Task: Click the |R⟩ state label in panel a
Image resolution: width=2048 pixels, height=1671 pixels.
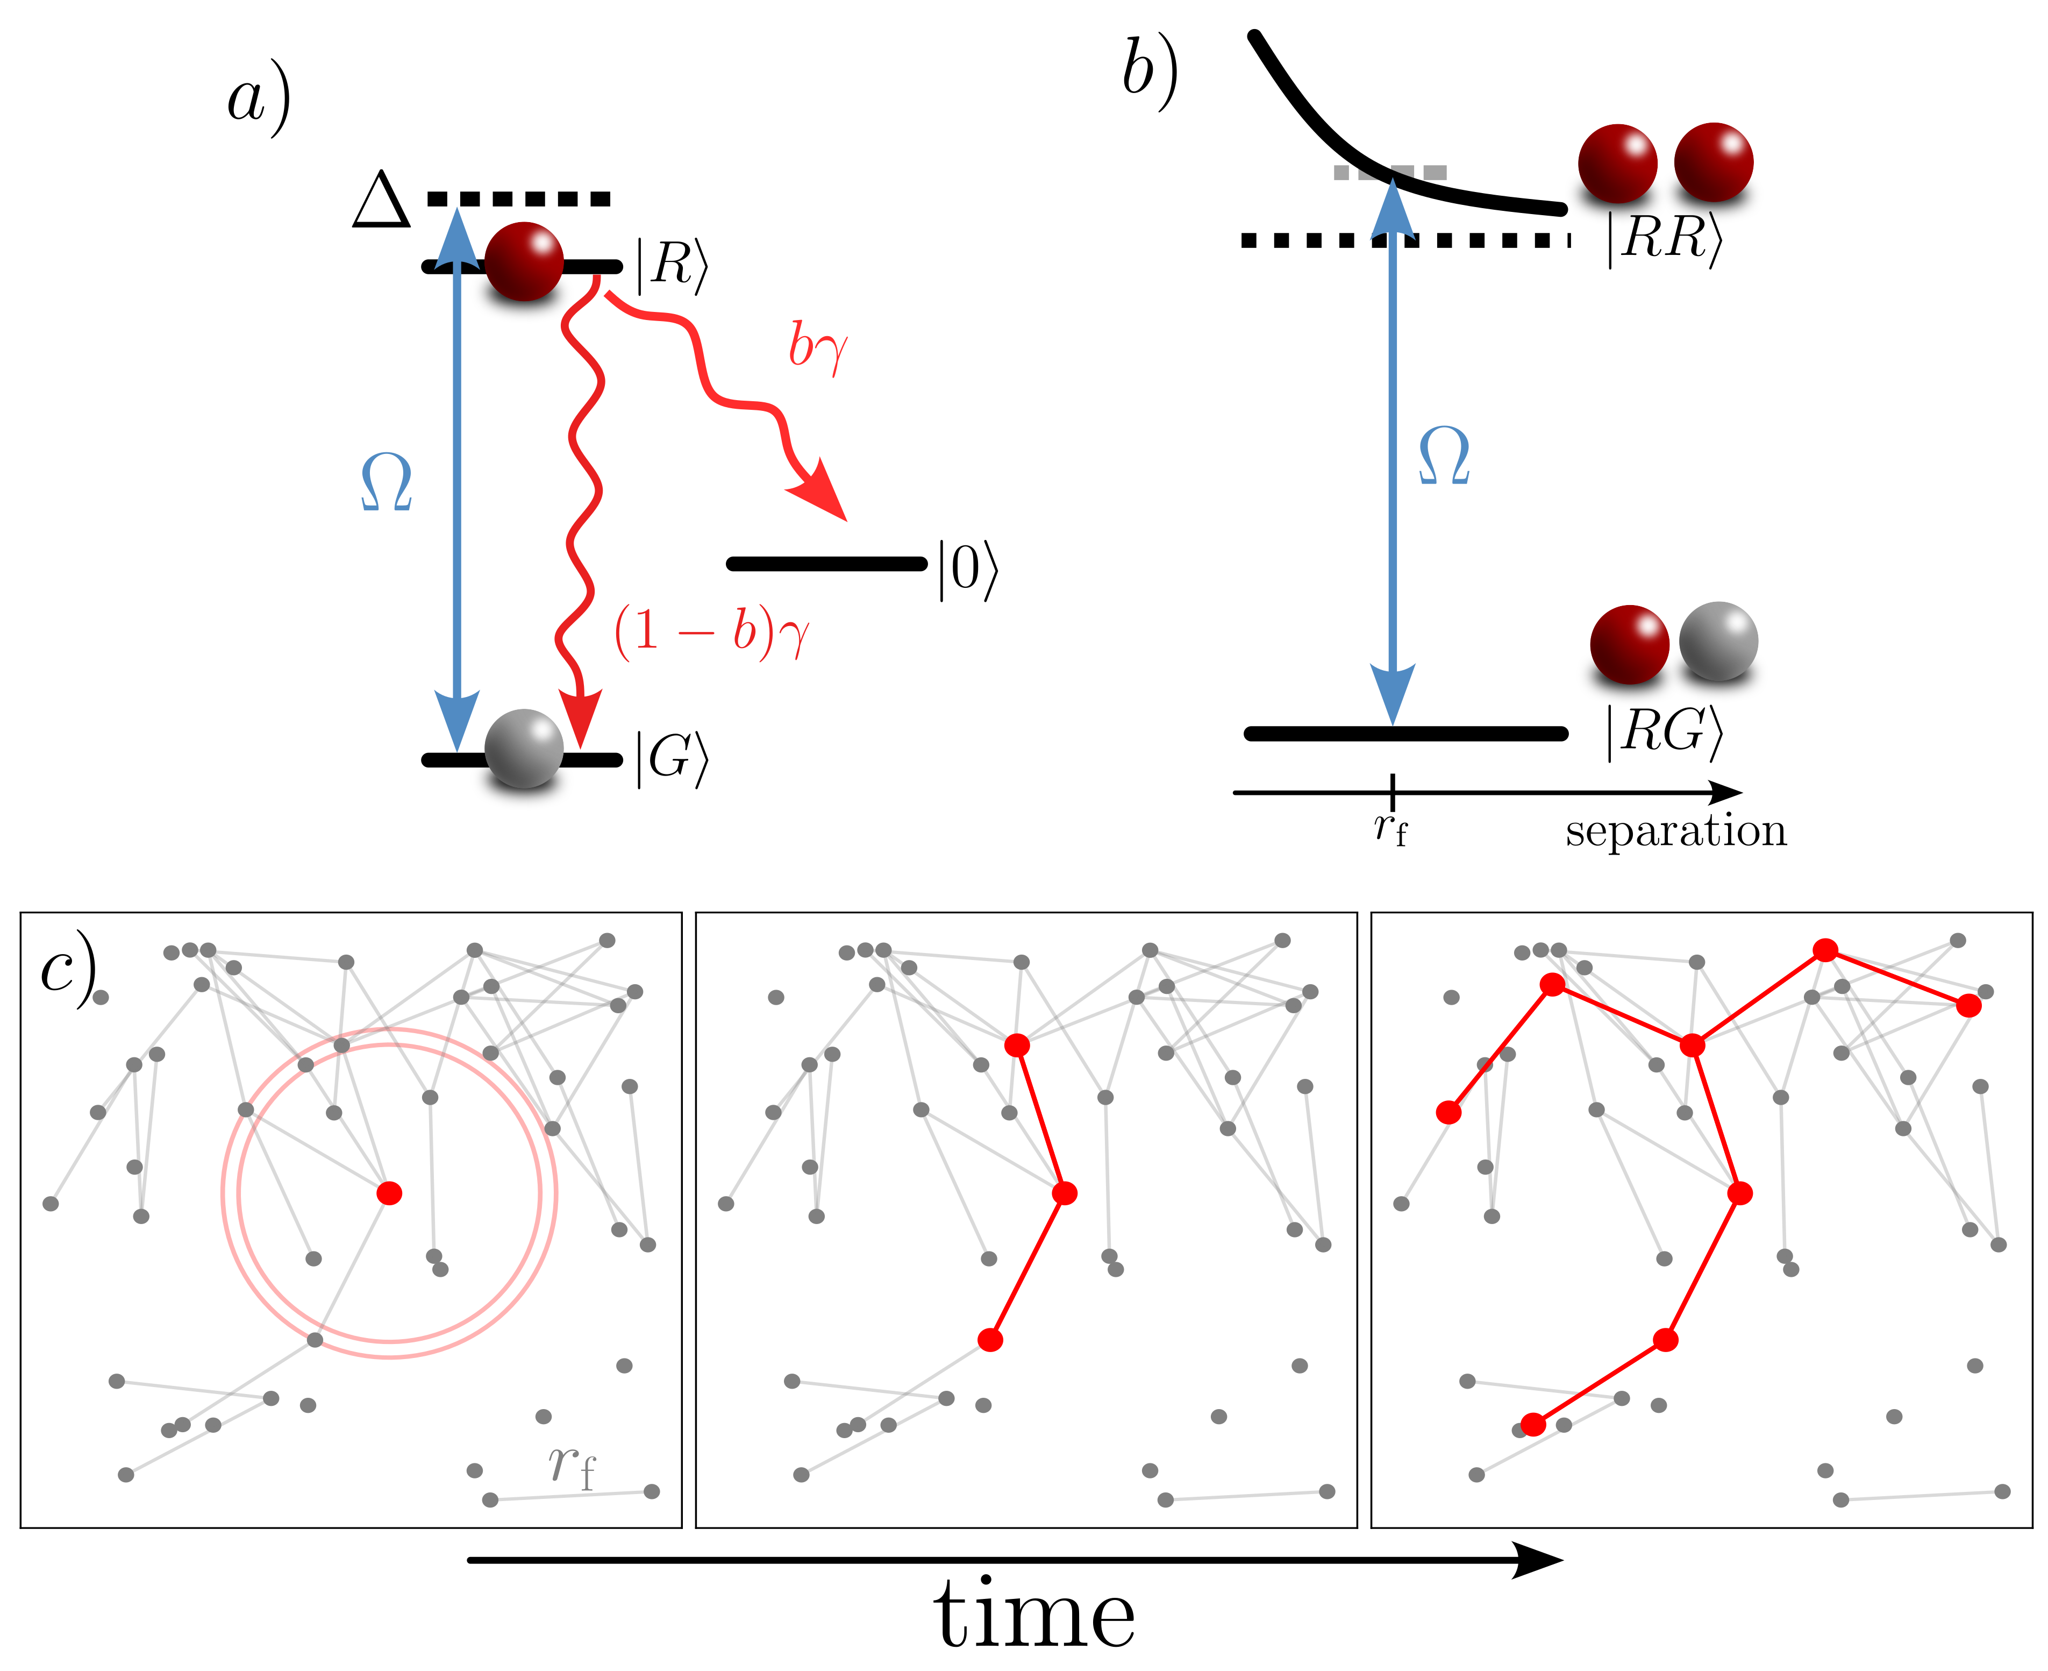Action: coord(671,265)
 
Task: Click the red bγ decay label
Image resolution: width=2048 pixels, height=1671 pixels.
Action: coord(818,346)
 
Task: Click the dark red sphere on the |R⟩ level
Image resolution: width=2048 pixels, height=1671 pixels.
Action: coord(524,261)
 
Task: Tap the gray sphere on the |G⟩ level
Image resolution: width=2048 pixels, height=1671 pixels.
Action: coord(524,749)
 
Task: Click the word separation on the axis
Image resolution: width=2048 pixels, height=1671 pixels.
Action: coord(1675,831)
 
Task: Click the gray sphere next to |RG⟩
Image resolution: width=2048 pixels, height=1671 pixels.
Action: coord(1718,642)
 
